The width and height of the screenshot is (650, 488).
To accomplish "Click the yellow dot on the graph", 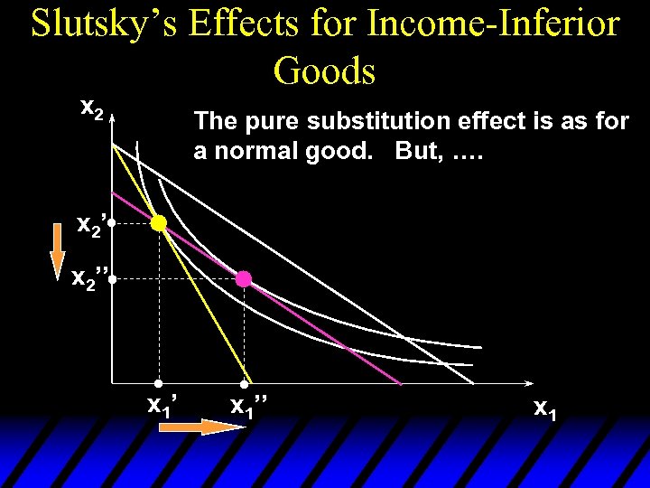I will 159,223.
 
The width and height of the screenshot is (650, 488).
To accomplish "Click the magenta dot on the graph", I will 244,279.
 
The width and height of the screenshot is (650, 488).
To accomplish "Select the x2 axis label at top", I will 91,108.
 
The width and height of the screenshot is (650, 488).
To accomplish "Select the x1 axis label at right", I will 545,408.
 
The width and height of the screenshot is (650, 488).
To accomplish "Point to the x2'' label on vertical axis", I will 91,279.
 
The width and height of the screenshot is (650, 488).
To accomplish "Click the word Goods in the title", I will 324,70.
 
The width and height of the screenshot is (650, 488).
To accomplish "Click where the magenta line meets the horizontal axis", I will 400,384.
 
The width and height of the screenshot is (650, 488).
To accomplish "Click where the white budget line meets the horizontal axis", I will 473,384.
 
